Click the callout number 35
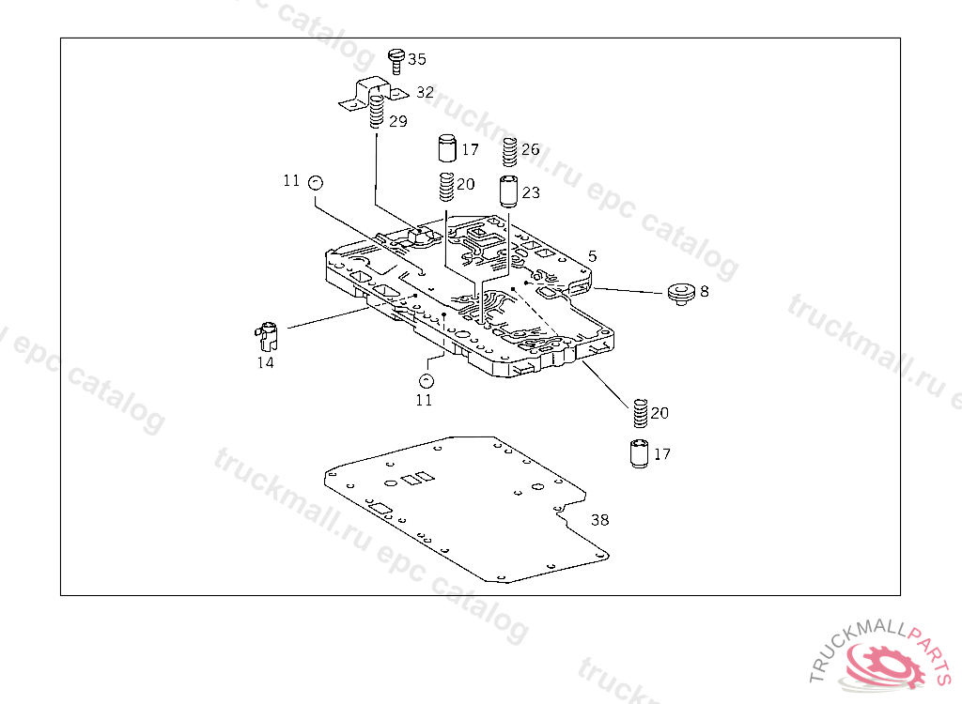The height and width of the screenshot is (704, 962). pos(416,59)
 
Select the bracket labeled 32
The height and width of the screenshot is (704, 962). pos(368,95)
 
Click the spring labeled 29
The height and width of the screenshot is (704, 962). pos(377,115)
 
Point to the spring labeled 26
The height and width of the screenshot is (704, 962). pos(510,150)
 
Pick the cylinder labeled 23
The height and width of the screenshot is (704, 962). pos(509,191)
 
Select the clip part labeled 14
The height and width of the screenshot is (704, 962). pos(268,331)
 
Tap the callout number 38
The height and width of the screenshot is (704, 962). pos(599,519)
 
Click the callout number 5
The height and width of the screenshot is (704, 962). pos(592,255)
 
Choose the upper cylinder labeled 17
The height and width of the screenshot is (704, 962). pos(446,149)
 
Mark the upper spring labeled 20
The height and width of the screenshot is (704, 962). pos(447,187)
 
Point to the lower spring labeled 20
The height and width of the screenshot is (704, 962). pos(639,411)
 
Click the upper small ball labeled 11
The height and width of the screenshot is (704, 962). pos(316,182)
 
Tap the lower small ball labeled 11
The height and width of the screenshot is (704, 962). pos(426,380)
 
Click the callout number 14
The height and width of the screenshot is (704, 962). pos(266,362)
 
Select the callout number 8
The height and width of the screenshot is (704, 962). pos(705,291)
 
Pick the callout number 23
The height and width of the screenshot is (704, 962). pos(531,192)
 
